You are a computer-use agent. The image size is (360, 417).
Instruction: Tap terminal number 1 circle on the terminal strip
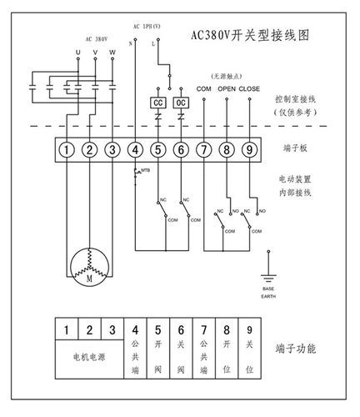click(x=67, y=150)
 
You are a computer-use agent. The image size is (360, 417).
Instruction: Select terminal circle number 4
click(x=135, y=150)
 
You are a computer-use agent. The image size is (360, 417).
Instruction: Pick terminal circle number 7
click(x=203, y=150)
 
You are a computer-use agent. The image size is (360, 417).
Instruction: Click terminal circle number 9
click(x=248, y=150)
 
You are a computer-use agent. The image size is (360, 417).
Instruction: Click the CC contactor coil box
click(x=157, y=103)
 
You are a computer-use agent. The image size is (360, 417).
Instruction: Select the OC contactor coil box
click(x=180, y=103)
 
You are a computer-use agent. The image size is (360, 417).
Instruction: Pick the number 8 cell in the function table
click(x=226, y=329)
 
